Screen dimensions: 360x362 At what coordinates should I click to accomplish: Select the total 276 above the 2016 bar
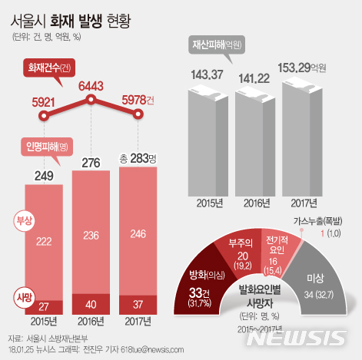91,163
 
